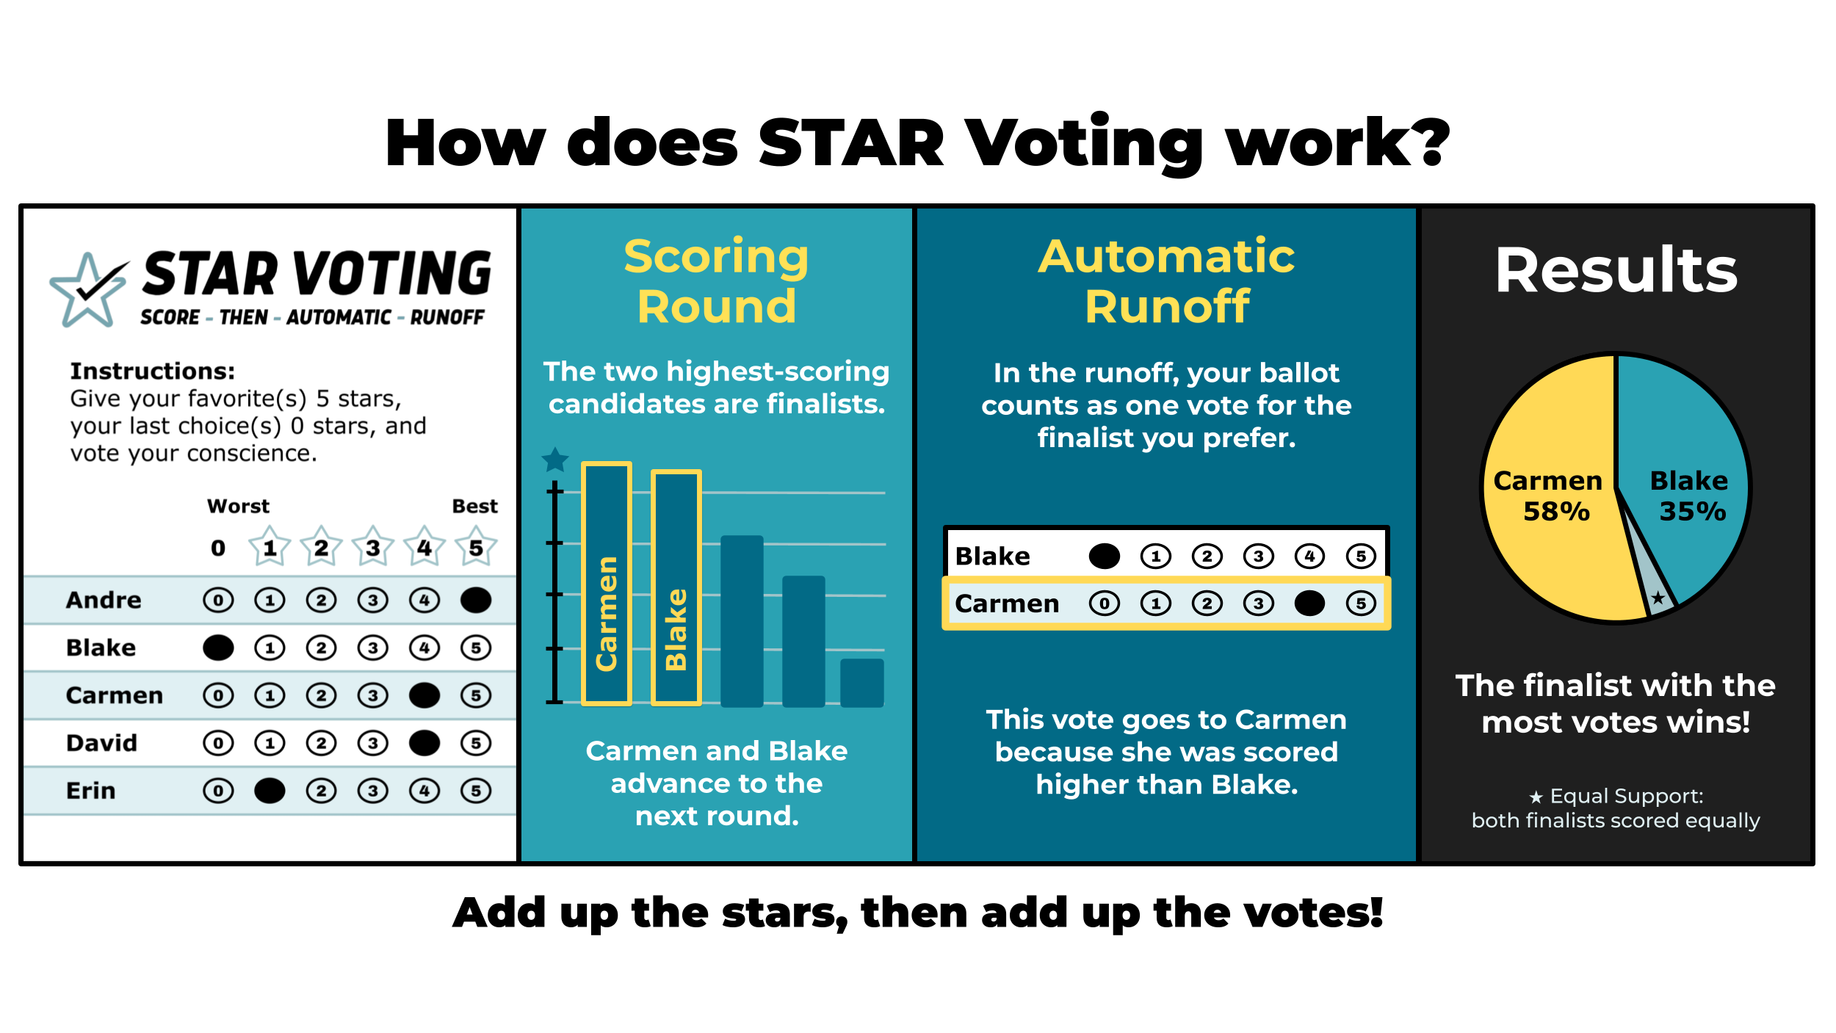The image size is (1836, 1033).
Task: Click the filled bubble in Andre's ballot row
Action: click(x=476, y=600)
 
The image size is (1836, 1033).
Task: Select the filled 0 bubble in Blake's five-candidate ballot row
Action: click(x=218, y=648)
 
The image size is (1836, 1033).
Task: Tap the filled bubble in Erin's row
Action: click(x=270, y=791)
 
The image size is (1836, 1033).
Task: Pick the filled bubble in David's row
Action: click(x=424, y=743)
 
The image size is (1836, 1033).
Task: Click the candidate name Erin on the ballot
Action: click(x=91, y=791)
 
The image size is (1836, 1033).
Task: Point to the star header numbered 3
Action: click(x=373, y=546)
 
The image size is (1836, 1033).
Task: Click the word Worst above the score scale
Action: click(x=238, y=506)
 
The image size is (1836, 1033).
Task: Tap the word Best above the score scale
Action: click(x=474, y=506)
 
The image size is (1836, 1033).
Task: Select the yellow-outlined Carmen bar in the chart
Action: click(x=607, y=584)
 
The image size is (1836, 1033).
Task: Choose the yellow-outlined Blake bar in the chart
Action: click(x=676, y=587)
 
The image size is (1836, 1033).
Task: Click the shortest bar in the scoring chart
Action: click(x=862, y=683)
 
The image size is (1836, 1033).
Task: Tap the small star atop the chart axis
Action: click(x=555, y=460)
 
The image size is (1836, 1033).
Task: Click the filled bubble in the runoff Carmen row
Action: click(x=1309, y=604)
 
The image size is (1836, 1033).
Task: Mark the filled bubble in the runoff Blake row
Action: click(x=1105, y=557)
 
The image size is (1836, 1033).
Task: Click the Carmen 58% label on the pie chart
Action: click(x=1548, y=496)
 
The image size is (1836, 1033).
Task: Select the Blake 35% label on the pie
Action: click(x=1690, y=496)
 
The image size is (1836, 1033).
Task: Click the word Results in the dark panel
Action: click(x=1616, y=270)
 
